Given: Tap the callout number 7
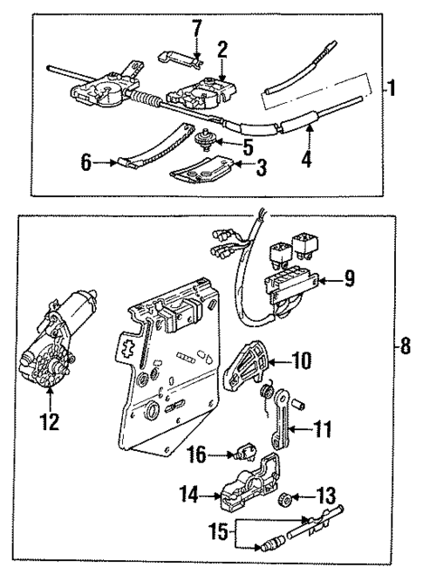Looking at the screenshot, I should coord(197,28).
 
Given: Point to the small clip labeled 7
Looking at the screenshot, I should coord(181,58).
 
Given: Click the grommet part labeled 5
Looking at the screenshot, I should coord(208,140).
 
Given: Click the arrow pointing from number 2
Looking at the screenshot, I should coord(222,67).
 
